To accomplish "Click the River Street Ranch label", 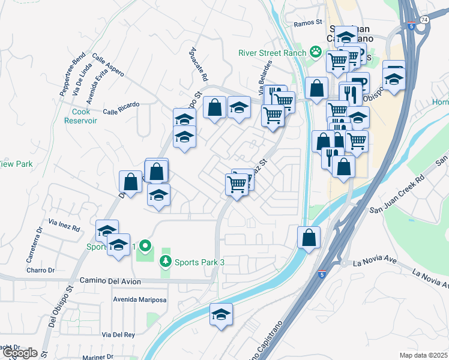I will (x=271, y=52).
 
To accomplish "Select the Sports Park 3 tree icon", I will (x=166, y=262).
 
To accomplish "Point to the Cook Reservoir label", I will (x=81, y=115).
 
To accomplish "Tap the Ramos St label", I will (x=309, y=23).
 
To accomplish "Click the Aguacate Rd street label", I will (x=199, y=65).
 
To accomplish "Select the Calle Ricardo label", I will (x=121, y=108).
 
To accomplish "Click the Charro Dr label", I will (x=40, y=270).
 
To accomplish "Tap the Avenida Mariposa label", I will (x=139, y=298).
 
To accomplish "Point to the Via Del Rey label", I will (x=118, y=334).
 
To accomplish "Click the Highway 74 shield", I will (x=425, y=20).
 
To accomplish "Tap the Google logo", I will (x=20, y=353).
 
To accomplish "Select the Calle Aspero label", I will (x=108, y=65).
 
